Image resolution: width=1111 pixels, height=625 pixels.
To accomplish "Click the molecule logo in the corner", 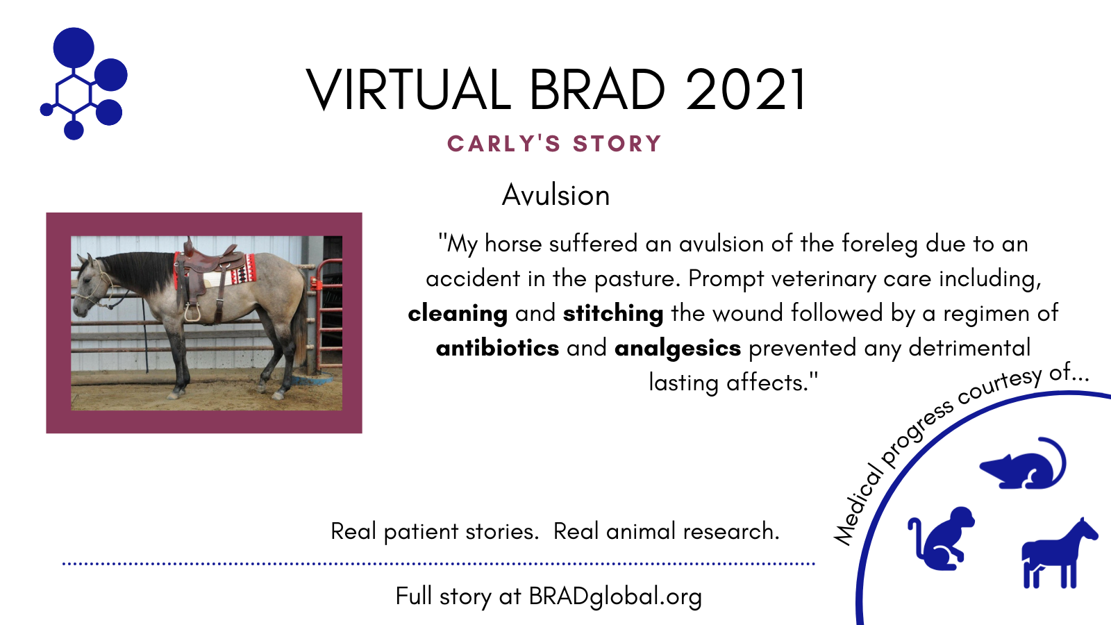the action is tap(83, 83).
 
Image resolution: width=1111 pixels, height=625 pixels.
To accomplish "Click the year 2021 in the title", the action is tap(746, 90).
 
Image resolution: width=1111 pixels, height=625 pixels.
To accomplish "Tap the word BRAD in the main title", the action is tap(597, 90).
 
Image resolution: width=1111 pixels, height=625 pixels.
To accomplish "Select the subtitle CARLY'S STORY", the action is tap(554, 144).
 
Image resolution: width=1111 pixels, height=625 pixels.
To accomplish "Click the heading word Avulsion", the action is tap(555, 195).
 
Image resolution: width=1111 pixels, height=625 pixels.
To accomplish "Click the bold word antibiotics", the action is tap(497, 348).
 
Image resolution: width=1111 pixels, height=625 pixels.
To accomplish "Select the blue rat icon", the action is tap(1023, 463).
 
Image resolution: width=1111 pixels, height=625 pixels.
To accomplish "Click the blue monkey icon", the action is tap(941, 538).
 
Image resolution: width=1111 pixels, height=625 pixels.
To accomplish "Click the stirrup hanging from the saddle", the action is tap(192, 312).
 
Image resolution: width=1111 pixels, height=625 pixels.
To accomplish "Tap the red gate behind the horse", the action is tap(326, 317).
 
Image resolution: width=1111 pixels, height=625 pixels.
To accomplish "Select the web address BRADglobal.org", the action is tap(615, 597).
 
